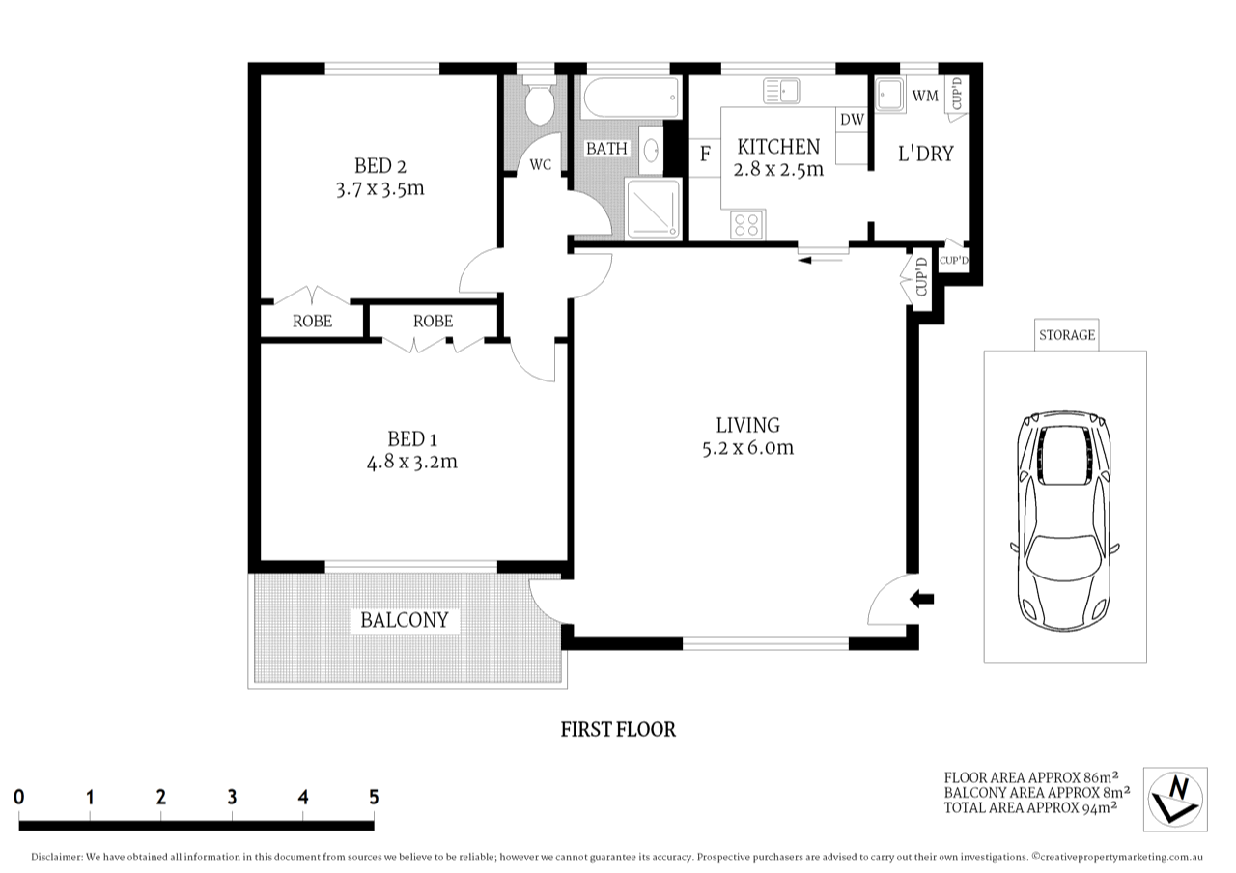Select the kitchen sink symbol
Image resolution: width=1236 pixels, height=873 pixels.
pyautogui.click(x=782, y=92)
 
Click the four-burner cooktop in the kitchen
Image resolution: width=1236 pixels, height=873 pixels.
pyautogui.click(x=744, y=225)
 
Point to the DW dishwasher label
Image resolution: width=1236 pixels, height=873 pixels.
pyautogui.click(x=851, y=120)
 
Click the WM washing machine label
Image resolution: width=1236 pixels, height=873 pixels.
pyautogui.click(x=924, y=96)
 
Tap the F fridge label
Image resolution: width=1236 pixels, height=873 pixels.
pyautogui.click(x=705, y=154)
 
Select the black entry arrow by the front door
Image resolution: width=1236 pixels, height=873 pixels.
pyautogui.click(x=922, y=600)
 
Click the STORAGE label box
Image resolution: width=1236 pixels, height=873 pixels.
pyautogui.click(x=1066, y=335)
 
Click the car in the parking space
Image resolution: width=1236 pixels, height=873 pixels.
pyautogui.click(x=1065, y=521)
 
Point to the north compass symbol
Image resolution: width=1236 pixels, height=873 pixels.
pyautogui.click(x=1175, y=799)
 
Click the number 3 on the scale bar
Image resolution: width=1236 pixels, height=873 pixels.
pyautogui.click(x=232, y=797)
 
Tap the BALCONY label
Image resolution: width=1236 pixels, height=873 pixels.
pyautogui.click(x=405, y=620)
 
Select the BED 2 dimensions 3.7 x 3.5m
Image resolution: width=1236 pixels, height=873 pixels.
pyautogui.click(x=379, y=189)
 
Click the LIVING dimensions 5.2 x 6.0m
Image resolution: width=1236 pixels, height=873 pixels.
pyautogui.click(x=748, y=447)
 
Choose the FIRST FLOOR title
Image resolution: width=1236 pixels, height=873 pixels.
pyautogui.click(x=618, y=730)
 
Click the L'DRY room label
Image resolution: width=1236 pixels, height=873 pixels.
pyautogui.click(x=926, y=153)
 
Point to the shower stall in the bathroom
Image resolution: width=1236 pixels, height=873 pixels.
pyautogui.click(x=653, y=209)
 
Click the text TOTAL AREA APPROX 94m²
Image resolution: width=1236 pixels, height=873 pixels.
pyautogui.click(x=1030, y=807)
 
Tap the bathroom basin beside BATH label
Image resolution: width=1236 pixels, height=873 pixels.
pyautogui.click(x=651, y=152)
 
